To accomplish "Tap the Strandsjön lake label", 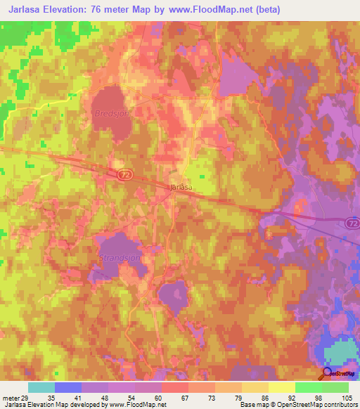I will tap(117, 259).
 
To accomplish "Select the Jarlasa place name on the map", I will tap(182, 188).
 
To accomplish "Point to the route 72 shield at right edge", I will tap(352, 223).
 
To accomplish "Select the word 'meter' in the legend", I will tap(10, 397).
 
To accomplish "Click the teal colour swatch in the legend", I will tap(41, 387).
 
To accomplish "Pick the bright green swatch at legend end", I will tap(335, 387).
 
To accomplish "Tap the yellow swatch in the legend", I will tap(282, 387).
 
